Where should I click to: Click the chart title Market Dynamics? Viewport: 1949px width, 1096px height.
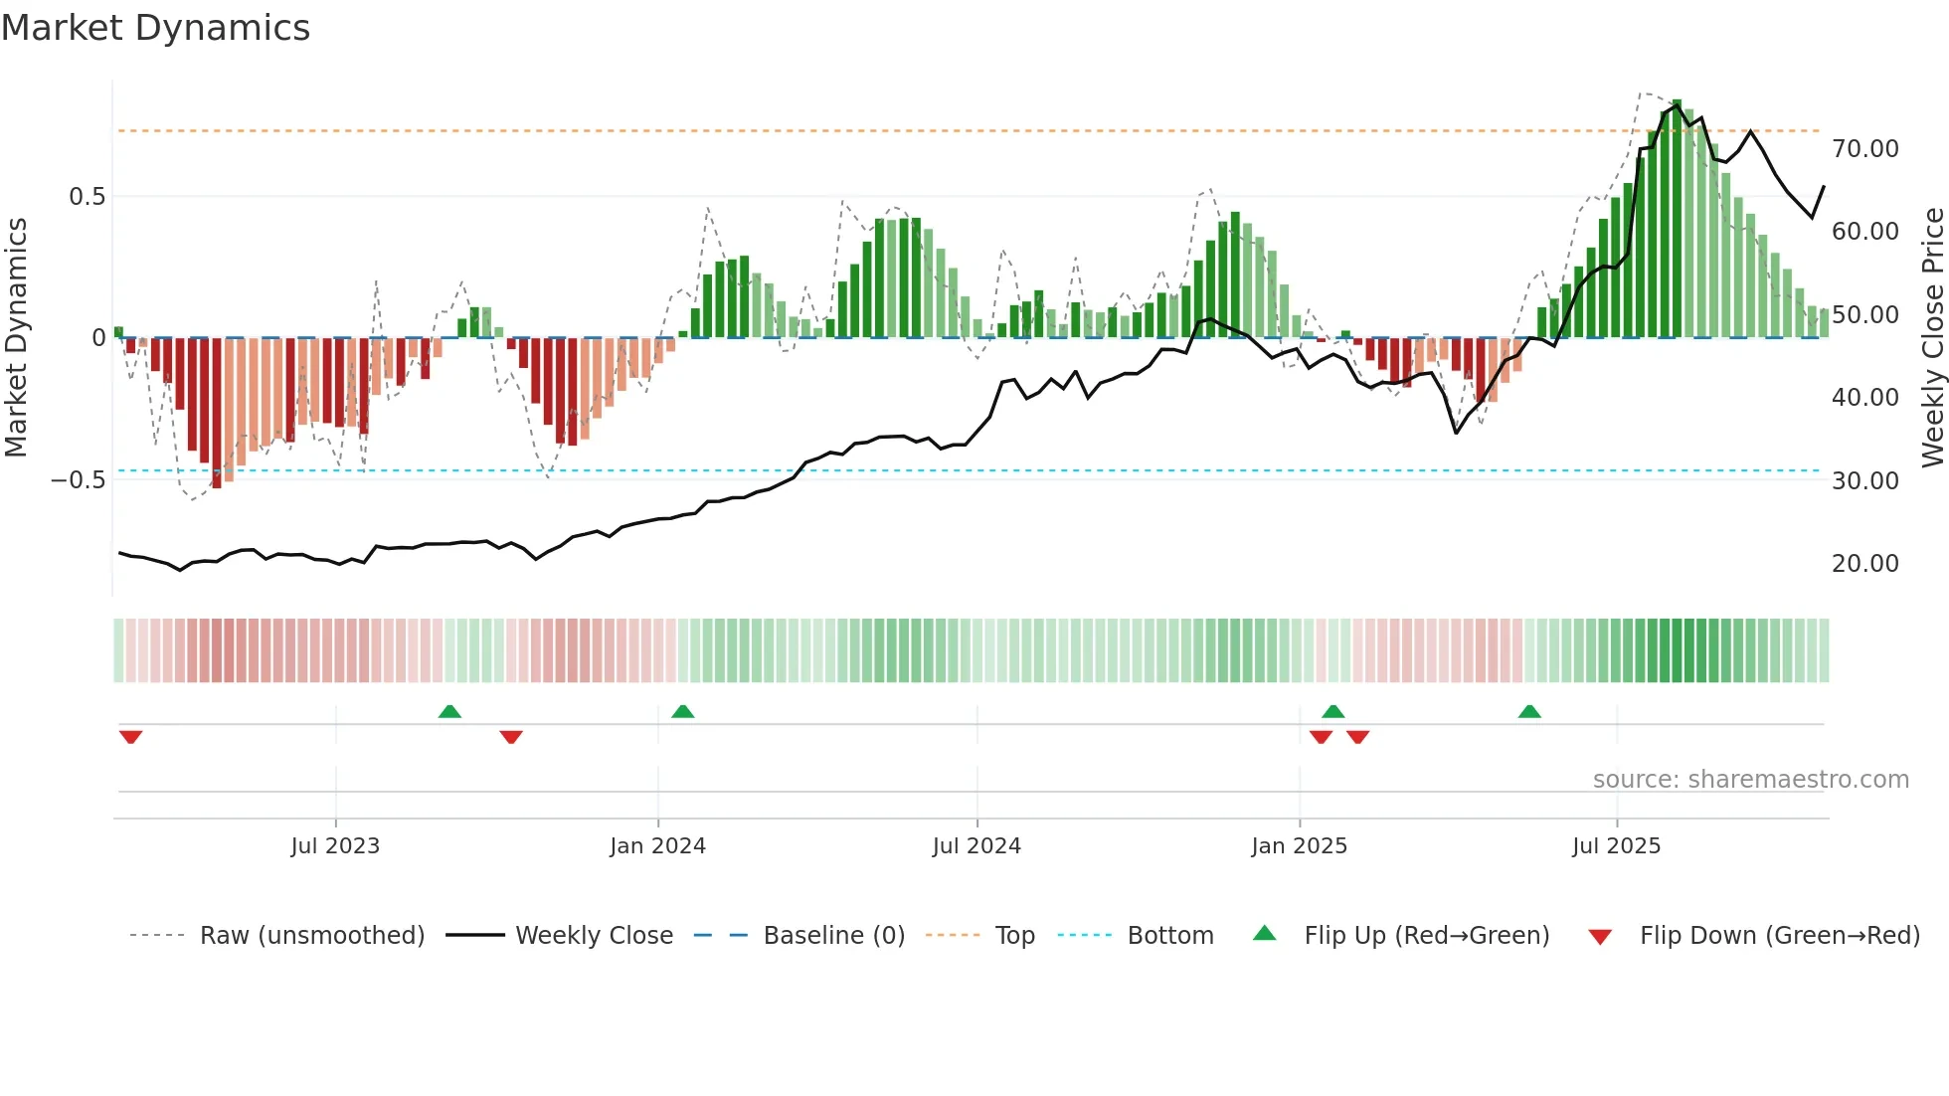point(155,28)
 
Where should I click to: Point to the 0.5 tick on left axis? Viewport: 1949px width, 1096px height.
point(87,197)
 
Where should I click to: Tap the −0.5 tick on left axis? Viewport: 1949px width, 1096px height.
point(78,480)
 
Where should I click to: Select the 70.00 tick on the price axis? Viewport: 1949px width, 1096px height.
point(1864,149)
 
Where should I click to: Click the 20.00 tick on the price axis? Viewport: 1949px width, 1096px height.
point(1864,564)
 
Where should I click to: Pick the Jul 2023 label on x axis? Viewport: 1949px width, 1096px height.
point(335,846)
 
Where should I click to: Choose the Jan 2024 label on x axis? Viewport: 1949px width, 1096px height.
point(657,846)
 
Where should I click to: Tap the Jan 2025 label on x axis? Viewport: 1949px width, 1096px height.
point(1299,846)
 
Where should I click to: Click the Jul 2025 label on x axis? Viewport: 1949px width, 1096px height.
point(1616,846)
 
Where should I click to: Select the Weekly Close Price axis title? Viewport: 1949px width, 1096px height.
point(1932,338)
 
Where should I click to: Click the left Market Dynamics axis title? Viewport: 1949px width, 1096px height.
point(16,338)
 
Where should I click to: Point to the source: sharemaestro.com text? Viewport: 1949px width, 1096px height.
point(1750,780)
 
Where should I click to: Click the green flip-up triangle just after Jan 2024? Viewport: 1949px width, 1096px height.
point(682,711)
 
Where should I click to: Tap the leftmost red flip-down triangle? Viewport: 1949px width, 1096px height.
point(130,737)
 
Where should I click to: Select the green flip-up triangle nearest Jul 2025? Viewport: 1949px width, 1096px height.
point(1529,711)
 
